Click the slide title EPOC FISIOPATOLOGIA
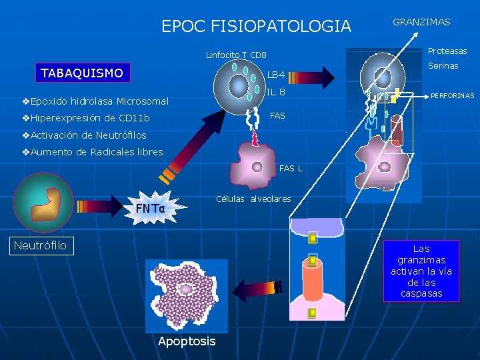256,27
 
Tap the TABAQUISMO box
82,73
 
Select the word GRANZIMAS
421,22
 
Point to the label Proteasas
447,51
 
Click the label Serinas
443,65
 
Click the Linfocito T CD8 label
236,55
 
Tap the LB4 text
276,74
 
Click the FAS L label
291,168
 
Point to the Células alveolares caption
253,199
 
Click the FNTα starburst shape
150,209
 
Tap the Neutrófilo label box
41,245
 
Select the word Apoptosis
187,341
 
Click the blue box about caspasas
421,271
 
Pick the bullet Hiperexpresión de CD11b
85,118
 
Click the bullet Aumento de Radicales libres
92,151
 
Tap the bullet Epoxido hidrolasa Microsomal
95,101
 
